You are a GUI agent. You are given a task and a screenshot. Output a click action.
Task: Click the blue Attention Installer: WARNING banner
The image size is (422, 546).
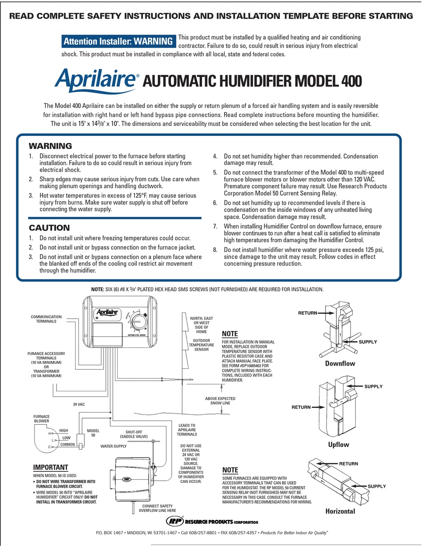(118, 41)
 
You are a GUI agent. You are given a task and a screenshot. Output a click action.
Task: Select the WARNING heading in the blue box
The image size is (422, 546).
(50, 146)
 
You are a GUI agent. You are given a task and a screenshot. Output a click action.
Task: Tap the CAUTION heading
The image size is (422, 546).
(49, 227)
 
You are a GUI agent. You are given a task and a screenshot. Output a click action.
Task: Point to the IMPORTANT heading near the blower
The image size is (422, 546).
(51, 467)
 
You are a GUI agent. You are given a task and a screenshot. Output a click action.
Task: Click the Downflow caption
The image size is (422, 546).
(340, 363)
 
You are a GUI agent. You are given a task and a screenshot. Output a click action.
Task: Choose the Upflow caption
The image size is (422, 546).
(338, 445)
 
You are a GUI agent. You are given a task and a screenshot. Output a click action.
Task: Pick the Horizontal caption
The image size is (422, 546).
(340, 511)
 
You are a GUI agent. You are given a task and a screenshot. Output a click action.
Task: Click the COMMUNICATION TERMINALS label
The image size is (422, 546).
(46, 319)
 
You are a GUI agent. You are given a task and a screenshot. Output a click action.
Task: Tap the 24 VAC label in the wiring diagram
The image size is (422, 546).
(79, 405)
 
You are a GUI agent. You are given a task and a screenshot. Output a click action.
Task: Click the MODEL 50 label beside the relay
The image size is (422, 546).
(93, 433)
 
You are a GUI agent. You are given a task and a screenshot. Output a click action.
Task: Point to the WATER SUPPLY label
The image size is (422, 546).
(114, 446)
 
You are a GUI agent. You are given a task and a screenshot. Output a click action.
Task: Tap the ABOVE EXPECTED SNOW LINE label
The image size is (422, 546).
(220, 401)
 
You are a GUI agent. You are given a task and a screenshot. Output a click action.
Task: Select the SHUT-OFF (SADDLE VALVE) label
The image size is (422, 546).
(136, 434)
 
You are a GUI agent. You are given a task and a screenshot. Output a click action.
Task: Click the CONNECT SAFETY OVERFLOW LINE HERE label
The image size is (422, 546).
(159, 508)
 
